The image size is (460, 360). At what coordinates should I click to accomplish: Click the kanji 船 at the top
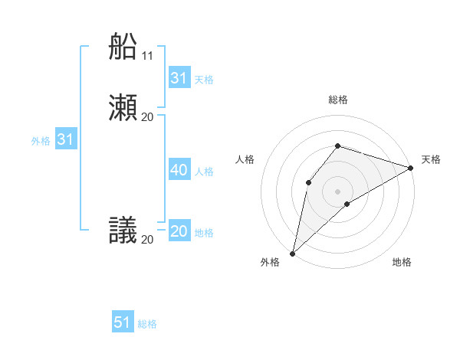[x=124, y=47]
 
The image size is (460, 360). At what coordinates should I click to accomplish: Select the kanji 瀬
[x=124, y=107]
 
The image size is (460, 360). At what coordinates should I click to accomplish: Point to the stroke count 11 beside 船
[x=147, y=56]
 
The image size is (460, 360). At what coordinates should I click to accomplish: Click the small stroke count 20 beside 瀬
[x=147, y=116]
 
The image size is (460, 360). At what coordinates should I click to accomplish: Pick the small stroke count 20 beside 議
[x=147, y=240]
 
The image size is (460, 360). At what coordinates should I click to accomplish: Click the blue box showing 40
[x=179, y=170]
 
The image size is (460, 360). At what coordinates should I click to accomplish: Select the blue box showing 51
[x=123, y=322]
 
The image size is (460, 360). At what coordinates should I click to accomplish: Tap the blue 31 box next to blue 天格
[x=179, y=78]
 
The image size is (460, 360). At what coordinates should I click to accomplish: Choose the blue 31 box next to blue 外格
[x=65, y=140]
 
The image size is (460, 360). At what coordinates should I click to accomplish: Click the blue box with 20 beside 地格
[x=179, y=231]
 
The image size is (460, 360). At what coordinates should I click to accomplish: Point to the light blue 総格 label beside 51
[x=147, y=324]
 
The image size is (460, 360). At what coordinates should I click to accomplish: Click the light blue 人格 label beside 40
[x=205, y=172]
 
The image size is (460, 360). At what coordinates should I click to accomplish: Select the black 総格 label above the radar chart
[x=338, y=100]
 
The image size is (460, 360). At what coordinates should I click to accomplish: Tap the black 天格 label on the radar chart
[x=431, y=159]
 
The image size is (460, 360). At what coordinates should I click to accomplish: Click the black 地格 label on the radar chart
[x=402, y=262]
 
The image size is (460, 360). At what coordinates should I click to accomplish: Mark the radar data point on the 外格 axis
[x=292, y=253]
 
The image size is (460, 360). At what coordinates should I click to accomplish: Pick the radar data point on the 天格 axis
[x=411, y=168]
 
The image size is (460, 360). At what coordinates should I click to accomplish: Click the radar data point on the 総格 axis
[x=338, y=146]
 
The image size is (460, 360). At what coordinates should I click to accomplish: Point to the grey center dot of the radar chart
[x=338, y=191]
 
